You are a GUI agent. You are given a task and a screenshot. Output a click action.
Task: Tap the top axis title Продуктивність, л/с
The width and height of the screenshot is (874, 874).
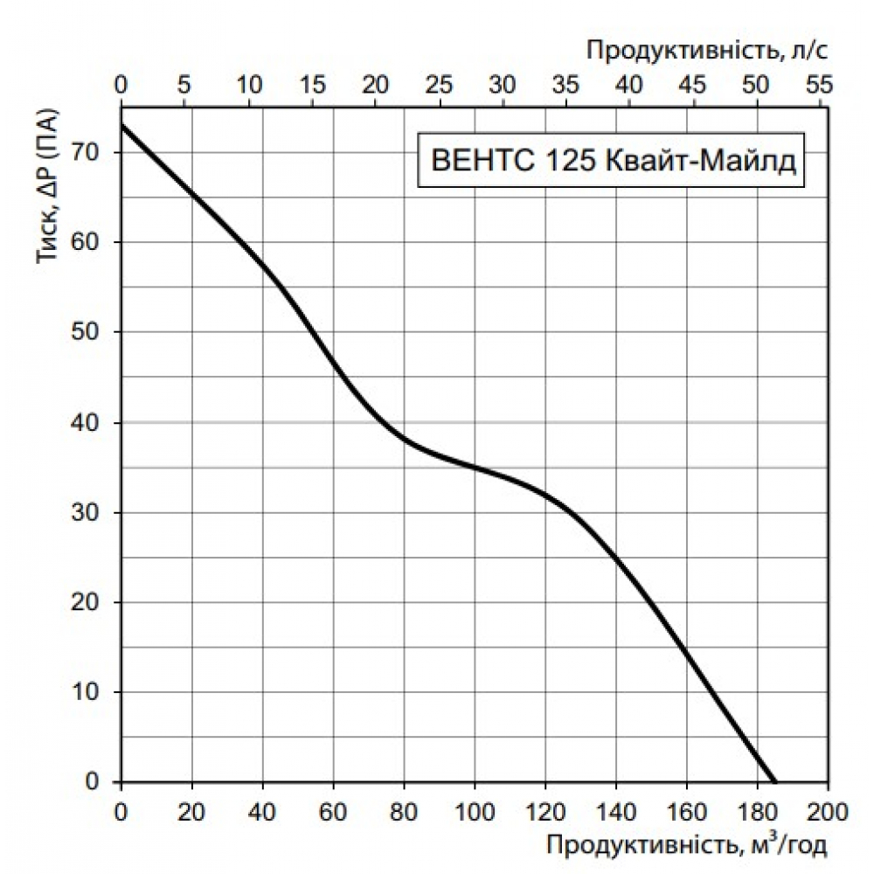pos(706,50)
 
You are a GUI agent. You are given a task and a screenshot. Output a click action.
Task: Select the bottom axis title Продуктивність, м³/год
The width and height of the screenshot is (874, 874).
pos(686,844)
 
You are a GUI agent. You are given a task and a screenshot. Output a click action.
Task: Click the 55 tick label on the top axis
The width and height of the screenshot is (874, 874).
pos(819,85)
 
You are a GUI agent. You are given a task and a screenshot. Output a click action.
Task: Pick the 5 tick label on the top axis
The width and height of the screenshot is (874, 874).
pos(184,85)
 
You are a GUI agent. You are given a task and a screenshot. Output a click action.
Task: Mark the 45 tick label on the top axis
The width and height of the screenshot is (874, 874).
pos(692,85)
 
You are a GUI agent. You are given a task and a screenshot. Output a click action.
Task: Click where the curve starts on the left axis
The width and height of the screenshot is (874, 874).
pos(121,126)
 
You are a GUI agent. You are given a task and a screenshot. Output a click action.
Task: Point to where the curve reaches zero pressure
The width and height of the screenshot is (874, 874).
pos(774,781)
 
